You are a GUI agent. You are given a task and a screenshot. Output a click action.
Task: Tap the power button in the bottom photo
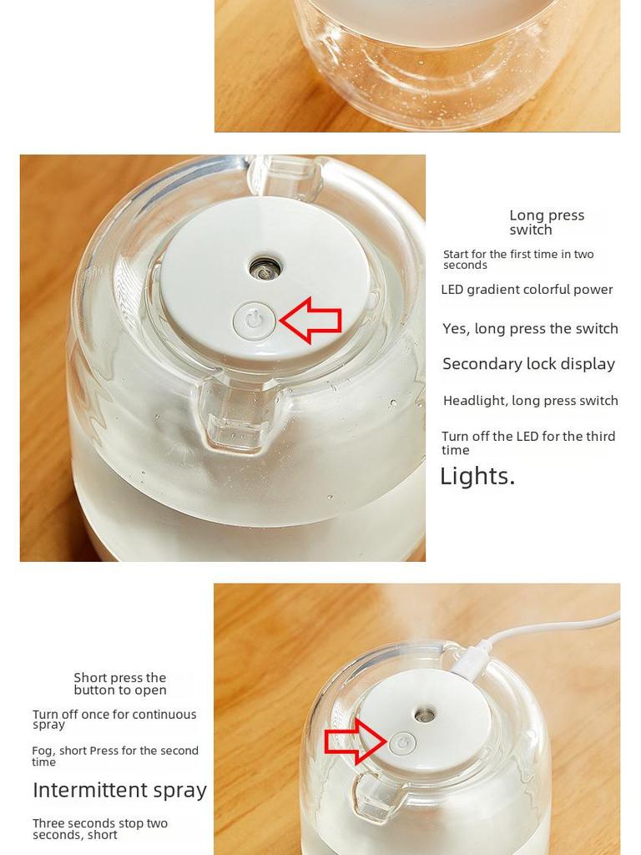click(x=403, y=742)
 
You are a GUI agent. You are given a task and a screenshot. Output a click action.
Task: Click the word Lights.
click(x=477, y=476)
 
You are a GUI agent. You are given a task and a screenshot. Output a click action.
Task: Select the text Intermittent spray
click(x=120, y=790)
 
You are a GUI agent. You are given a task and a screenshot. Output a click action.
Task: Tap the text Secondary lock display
click(x=528, y=364)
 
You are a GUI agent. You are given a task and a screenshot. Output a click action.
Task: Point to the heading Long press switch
click(x=547, y=222)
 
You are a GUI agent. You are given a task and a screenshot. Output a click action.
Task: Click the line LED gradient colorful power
click(x=527, y=290)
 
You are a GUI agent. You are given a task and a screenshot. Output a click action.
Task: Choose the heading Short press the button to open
click(x=120, y=684)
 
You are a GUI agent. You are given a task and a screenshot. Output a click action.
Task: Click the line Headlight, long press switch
click(x=530, y=401)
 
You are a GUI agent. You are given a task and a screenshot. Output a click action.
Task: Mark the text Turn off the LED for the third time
click(x=528, y=443)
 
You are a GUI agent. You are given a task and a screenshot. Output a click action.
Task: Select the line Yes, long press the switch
click(x=530, y=329)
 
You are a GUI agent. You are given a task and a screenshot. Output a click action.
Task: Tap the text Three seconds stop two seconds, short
click(x=100, y=829)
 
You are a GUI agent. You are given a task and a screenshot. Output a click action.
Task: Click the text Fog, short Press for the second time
click(x=115, y=756)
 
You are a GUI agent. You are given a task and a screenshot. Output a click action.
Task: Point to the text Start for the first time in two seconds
click(x=518, y=260)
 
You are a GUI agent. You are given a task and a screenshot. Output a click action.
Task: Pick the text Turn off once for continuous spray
click(x=114, y=719)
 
